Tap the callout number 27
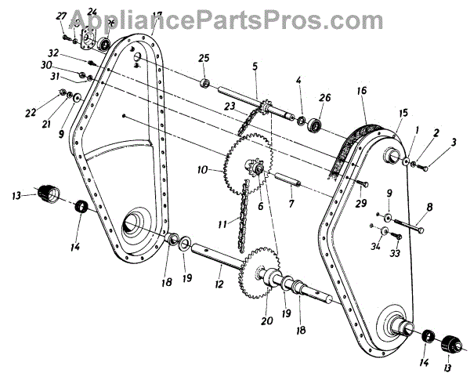click(62, 16)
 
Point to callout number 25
click(204, 58)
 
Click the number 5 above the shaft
click(255, 66)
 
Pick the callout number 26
click(326, 98)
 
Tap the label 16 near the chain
click(362, 92)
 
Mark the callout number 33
click(394, 253)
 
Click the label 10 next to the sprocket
click(203, 169)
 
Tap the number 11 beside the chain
click(223, 224)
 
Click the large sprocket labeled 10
click(244, 165)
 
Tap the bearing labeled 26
click(316, 123)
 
